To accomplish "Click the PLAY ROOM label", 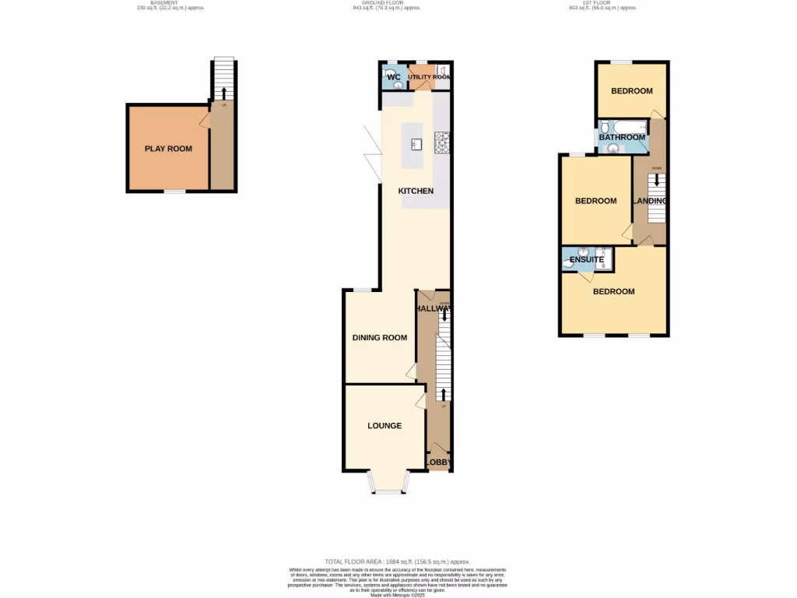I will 168,149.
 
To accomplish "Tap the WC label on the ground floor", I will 394,77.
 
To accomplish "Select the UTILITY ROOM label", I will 430,77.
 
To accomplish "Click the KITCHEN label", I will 416,191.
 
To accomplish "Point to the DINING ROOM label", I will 380,338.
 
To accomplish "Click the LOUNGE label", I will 384,426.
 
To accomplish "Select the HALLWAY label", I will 434,309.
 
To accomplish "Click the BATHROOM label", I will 622,138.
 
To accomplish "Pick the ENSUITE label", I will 587,260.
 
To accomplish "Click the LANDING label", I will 650,201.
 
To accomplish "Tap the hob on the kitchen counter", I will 443,142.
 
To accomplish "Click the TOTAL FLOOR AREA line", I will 397,561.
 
